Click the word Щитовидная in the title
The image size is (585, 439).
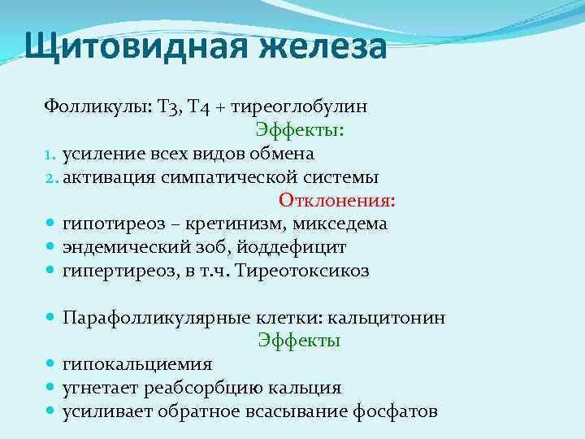tap(124, 46)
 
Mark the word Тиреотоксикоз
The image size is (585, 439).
tap(301, 271)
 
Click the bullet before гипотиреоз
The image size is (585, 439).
tap(50, 224)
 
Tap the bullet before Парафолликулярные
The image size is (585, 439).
tap(50, 318)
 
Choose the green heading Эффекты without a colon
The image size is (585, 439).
tap(299, 341)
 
